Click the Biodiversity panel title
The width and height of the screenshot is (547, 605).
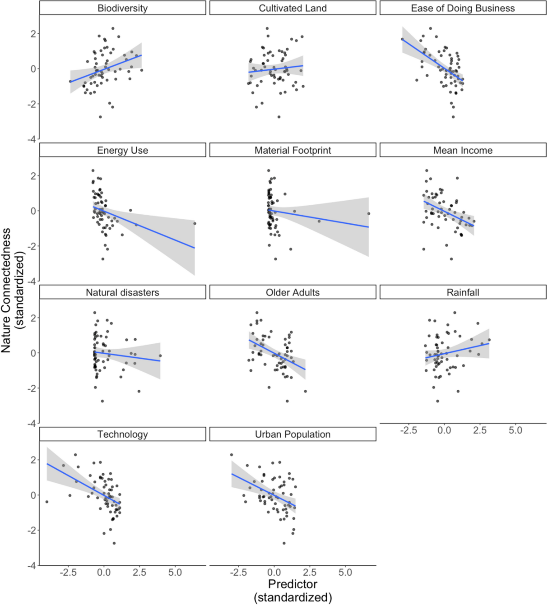click(x=122, y=8)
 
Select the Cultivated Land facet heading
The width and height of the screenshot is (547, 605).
click(x=293, y=8)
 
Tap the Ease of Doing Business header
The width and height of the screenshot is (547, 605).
click(x=463, y=8)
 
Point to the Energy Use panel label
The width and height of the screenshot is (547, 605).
click(x=122, y=150)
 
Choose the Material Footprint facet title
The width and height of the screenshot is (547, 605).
click(x=293, y=150)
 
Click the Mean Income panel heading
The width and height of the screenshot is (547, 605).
click(x=463, y=150)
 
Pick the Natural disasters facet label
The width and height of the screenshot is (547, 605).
click(x=122, y=293)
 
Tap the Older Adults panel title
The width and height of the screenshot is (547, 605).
click(x=293, y=293)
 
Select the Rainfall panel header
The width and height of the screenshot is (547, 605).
click(x=463, y=293)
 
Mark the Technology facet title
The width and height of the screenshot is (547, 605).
click(x=122, y=434)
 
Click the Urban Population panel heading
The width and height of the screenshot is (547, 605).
click(x=293, y=434)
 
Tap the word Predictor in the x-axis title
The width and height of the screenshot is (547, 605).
click(x=293, y=584)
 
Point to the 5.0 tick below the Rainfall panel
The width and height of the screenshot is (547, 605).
click(x=515, y=430)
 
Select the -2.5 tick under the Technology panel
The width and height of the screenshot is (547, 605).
click(x=68, y=573)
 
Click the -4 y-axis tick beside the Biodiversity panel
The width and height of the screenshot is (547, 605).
click(x=31, y=139)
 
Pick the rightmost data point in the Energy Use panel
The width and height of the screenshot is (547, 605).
click(x=195, y=223)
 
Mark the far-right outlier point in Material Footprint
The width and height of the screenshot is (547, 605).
click(x=368, y=213)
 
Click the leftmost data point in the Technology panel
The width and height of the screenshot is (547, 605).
click(x=46, y=502)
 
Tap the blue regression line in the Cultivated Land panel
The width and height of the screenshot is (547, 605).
click(x=276, y=69)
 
